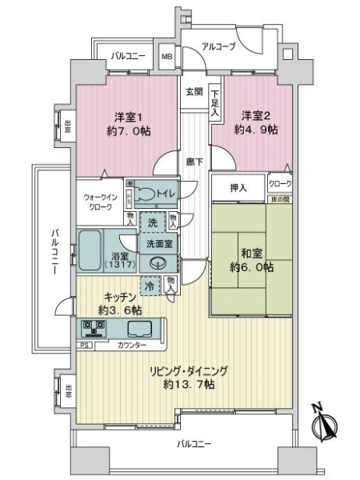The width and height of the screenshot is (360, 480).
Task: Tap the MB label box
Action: point(167,58)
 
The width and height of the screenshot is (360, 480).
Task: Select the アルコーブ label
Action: point(218,47)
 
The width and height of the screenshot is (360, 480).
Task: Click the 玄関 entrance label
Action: point(193,91)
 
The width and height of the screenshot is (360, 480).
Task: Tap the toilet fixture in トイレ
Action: point(147,193)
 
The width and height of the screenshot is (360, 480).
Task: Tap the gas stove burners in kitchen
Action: point(92,327)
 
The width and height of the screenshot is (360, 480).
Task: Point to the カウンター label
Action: point(130,345)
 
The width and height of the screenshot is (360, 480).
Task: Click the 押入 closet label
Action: point(238,188)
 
